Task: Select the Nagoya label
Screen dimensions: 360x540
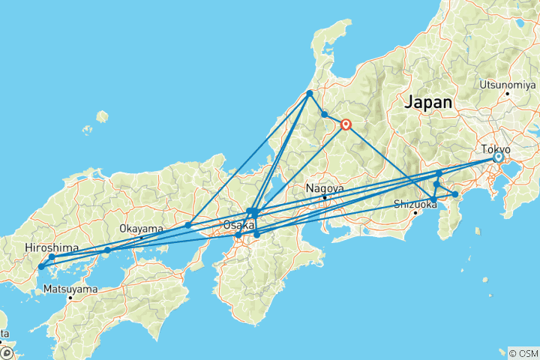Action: coord(325,188)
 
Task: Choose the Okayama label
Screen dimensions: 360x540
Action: coord(141,229)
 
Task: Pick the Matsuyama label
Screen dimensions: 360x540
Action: coord(70,288)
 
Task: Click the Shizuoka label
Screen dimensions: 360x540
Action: coord(415,203)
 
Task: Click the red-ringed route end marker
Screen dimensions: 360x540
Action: coord(346,124)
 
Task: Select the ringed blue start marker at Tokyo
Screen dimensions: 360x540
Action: coord(498,157)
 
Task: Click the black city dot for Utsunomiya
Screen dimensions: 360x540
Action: coord(508,93)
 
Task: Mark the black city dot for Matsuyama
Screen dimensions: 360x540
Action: coord(70,298)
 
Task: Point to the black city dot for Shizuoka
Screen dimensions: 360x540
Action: coord(415,213)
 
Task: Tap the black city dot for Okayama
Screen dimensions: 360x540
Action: coord(141,238)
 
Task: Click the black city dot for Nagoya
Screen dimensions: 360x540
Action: coord(324,198)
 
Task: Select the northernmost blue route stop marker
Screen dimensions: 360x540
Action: coord(309,94)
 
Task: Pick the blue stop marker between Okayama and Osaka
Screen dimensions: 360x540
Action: coord(187,225)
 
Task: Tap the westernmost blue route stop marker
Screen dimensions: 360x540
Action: coord(41,266)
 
